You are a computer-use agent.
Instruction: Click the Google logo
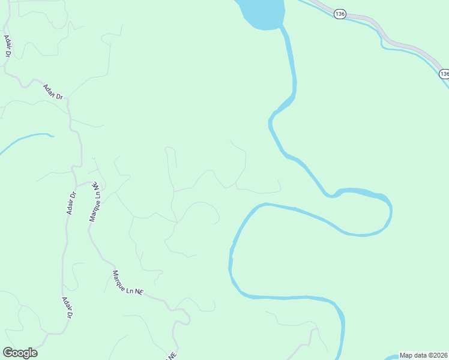point(20,353)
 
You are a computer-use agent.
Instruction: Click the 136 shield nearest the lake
point(340,14)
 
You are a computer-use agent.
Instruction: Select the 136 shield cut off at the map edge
point(444,73)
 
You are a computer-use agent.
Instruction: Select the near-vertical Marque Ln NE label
point(95,203)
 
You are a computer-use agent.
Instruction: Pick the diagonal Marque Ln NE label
point(128,282)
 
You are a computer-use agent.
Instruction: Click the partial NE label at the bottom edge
point(172,355)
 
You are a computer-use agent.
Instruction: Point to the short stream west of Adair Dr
point(27,139)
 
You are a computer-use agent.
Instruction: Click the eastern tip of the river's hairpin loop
point(390,210)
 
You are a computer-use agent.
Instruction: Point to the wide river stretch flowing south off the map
point(342,336)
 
